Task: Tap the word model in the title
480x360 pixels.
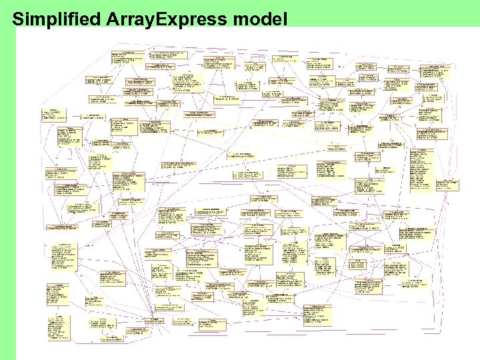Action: tap(259, 19)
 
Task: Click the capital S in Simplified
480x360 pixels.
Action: tap(18, 19)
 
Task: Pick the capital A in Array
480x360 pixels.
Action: tap(111, 19)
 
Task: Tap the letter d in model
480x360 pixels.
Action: tap(265, 19)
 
